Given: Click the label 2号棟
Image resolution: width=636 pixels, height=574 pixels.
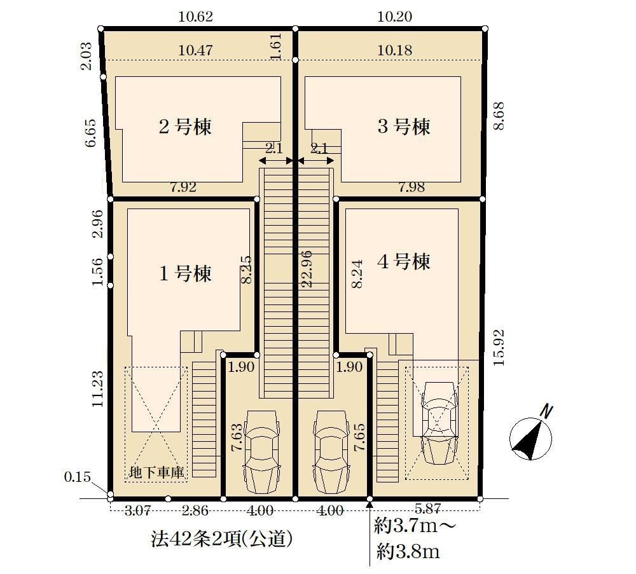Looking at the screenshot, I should (184, 126).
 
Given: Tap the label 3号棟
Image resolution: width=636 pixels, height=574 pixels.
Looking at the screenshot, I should (404, 126).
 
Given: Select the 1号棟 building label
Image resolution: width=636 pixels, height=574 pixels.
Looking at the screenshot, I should (184, 273).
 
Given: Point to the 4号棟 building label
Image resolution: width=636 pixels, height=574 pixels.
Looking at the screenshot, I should (404, 261).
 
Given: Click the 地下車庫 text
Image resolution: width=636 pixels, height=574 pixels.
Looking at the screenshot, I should (156, 472).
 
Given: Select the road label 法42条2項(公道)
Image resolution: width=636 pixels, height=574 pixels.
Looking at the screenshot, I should (221, 539).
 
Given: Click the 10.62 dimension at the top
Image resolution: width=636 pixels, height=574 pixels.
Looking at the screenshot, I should (195, 17).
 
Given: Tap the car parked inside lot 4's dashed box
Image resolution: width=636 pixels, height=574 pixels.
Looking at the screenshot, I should (438, 422).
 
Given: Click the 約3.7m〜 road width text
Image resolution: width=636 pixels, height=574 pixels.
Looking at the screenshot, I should (415, 526).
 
